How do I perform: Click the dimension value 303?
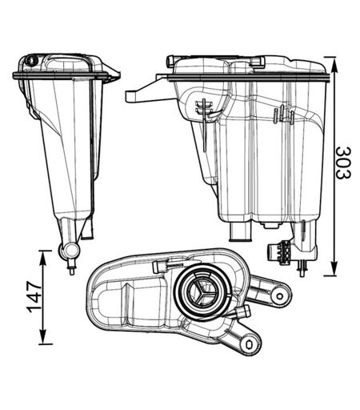coord(343,163)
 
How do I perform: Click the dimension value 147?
coord(34,297)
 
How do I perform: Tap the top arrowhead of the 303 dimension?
coord(334,65)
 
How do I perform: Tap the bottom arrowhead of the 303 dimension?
coord(334,267)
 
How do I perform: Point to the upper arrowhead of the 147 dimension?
coord(43,259)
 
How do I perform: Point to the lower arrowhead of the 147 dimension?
coord(43,336)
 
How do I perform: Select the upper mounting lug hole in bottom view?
coord(279,295)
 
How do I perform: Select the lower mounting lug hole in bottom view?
coord(250,344)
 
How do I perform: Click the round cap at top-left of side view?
coord(31,61)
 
